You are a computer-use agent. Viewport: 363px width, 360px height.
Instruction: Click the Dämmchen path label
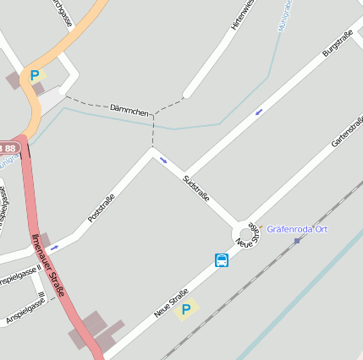(129, 110)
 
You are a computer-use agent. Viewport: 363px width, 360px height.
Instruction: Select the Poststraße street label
(101, 209)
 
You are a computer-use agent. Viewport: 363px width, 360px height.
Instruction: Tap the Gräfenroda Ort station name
(297, 229)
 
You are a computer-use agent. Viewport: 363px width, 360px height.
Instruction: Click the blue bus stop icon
(222, 259)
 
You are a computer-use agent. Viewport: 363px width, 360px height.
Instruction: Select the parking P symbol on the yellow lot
(186, 310)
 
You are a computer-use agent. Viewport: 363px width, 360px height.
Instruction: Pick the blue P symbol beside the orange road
(35, 75)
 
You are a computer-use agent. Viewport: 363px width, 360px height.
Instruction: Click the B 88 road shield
(8, 148)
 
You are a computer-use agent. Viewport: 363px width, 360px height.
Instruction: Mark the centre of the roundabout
(247, 233)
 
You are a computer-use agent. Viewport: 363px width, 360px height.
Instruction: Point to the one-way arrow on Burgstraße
(258, 111)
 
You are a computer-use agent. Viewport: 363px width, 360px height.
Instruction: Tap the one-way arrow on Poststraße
(54, 248)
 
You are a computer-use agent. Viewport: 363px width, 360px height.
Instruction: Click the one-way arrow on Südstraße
(163, 160)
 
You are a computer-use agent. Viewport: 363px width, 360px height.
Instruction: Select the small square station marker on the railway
(297, 240)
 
